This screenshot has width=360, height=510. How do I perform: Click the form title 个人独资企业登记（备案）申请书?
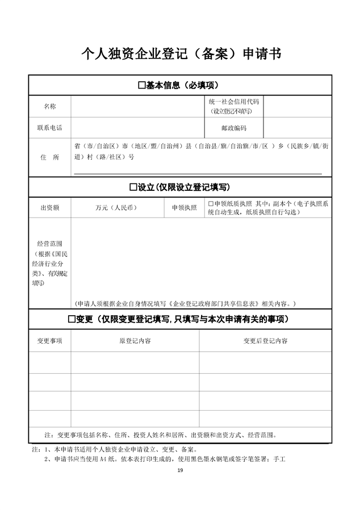point(181,55)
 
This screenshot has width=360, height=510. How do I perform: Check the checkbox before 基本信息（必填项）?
point(142,85)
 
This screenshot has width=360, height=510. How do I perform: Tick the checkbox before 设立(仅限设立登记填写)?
point(133,186)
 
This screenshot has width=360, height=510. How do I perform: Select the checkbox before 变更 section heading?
point(72,319)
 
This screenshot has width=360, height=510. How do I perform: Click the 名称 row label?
point(50,106)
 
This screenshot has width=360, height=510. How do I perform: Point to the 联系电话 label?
point(50,128)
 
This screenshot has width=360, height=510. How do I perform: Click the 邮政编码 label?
point(234,128)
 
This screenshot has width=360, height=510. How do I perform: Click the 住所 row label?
point(50,157)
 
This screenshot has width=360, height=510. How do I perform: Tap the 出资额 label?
point(50,208)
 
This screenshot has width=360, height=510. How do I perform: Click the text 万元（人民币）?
point(116,208)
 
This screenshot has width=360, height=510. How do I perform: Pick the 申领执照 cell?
point(184,208)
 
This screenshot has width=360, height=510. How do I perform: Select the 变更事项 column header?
point(50,341)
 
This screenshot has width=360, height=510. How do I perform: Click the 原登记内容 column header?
point(135,341)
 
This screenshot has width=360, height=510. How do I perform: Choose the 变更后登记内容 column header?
point(265,341)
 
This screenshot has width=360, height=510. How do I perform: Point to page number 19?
point(180,470)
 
